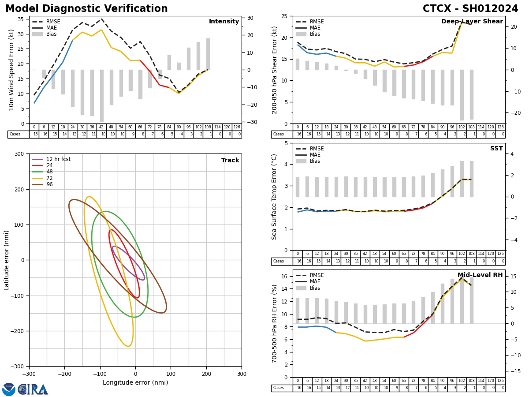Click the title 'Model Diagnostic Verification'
86,9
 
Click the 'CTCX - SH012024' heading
470,9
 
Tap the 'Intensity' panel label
224,22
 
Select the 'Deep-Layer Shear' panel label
472,22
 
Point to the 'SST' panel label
496,149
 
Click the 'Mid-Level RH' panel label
480,275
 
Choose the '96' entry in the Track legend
49,184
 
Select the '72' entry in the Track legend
49,178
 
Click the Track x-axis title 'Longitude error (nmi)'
135,382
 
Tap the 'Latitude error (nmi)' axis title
7,260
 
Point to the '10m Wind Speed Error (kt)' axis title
11,70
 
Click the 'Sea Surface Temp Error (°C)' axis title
275,197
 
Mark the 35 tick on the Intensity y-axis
21,19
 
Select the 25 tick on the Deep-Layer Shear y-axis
284,16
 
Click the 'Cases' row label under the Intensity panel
15,135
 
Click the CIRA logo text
33,390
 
